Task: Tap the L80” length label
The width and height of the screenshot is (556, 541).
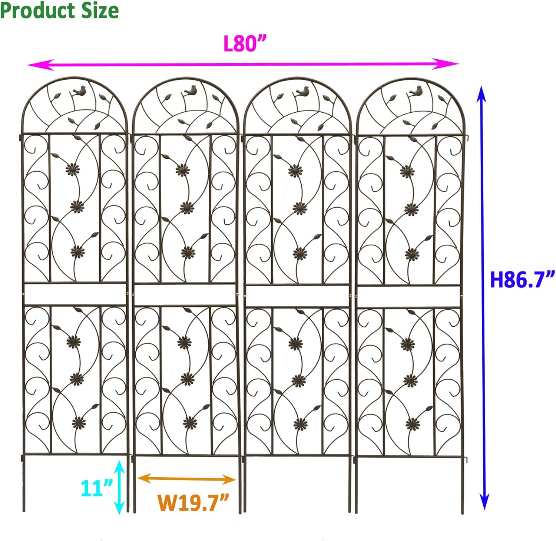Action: [x=245, y=44]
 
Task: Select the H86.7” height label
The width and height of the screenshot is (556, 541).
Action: [x=522, y=280]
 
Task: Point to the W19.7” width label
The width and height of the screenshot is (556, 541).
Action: [x=193, y=502]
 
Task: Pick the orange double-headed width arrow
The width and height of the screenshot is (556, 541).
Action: [x=186, y=479]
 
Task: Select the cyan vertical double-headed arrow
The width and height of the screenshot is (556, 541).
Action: [x=119, y=487]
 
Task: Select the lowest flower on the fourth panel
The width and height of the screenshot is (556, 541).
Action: [x=413, y=424]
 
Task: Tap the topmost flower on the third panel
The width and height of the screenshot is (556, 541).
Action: [x=295, y=170]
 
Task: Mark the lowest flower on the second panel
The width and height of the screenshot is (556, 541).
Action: [x=190, y=422]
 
